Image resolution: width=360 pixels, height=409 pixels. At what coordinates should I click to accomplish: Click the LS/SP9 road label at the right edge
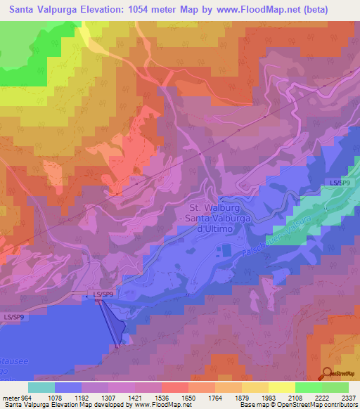point(340,182)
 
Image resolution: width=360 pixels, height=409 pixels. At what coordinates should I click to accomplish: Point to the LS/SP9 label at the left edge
point(14,318)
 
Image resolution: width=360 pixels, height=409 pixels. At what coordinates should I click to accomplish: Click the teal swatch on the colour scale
point(41,387)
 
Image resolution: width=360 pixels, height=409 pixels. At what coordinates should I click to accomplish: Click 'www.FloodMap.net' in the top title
point(244,10)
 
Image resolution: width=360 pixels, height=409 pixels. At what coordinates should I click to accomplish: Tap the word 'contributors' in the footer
point(340,405)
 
